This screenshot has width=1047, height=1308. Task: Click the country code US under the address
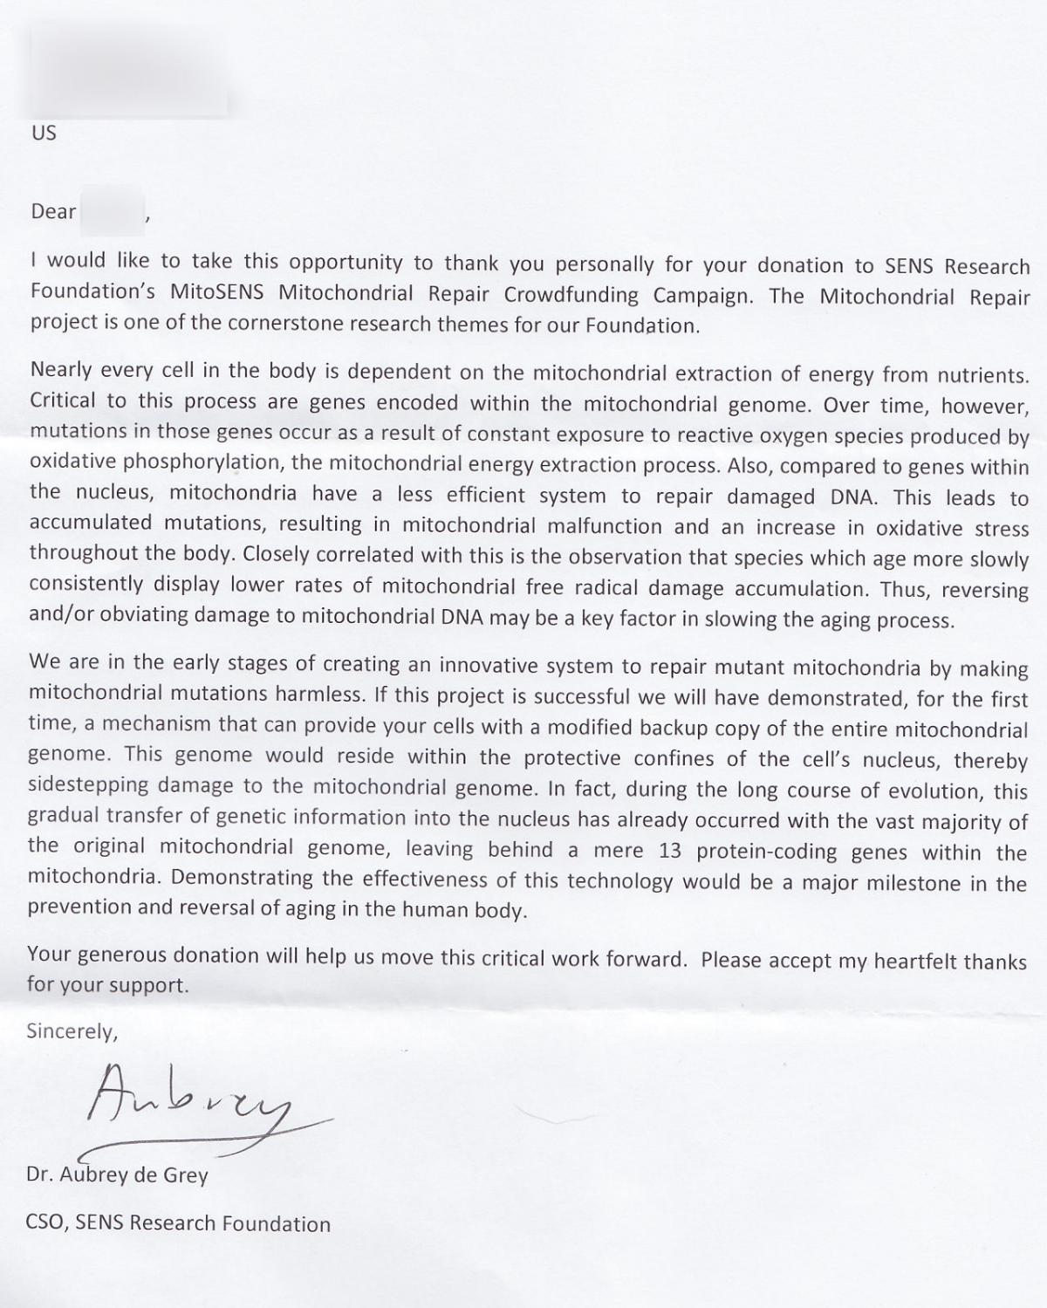(44, 133)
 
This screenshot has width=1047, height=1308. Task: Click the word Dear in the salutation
(54, 211)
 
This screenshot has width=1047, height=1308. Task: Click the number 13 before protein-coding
(670, 851)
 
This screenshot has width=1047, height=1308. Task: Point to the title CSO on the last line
(46, 1223)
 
